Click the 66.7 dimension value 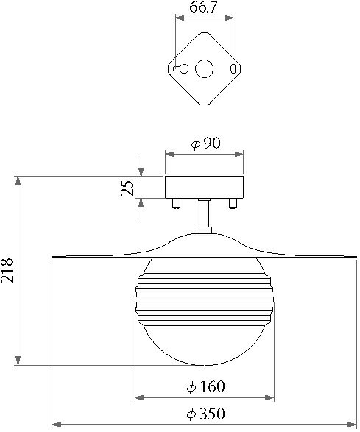204,9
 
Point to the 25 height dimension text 128,188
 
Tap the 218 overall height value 8,271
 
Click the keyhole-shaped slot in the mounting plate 182,68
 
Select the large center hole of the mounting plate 203,68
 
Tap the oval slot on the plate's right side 234,68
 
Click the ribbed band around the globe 204,299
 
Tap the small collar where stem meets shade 204,232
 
